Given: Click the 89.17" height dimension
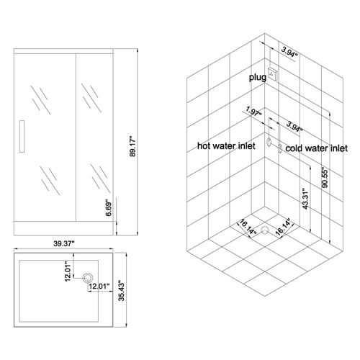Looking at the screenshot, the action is pos(132,146).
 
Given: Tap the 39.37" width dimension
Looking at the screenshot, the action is pos(63,244).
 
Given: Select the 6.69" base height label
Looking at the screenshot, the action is pos(109,208).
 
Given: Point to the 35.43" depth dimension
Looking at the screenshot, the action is pos(122,290).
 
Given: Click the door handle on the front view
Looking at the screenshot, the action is pos(22,136).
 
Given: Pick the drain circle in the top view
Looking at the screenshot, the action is pos(88,278).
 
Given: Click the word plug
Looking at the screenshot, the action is pos(258,78).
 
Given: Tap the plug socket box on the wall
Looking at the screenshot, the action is pos(273,74).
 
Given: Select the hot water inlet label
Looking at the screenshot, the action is pos(226,145).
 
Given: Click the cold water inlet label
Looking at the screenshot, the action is pos(316,148).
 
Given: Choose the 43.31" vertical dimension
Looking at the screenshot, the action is pos(305,199).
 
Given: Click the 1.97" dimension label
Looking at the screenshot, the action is pos(253,112).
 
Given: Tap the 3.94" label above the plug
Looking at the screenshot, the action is pos(289,52).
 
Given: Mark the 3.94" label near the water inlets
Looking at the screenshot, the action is pos(294,127).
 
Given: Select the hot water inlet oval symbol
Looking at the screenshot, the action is pos(269,142).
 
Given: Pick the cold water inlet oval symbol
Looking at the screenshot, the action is pos(280,148).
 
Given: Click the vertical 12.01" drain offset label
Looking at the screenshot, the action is pos(68,271).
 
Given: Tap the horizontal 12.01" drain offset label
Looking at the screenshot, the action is pos(99,286).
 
